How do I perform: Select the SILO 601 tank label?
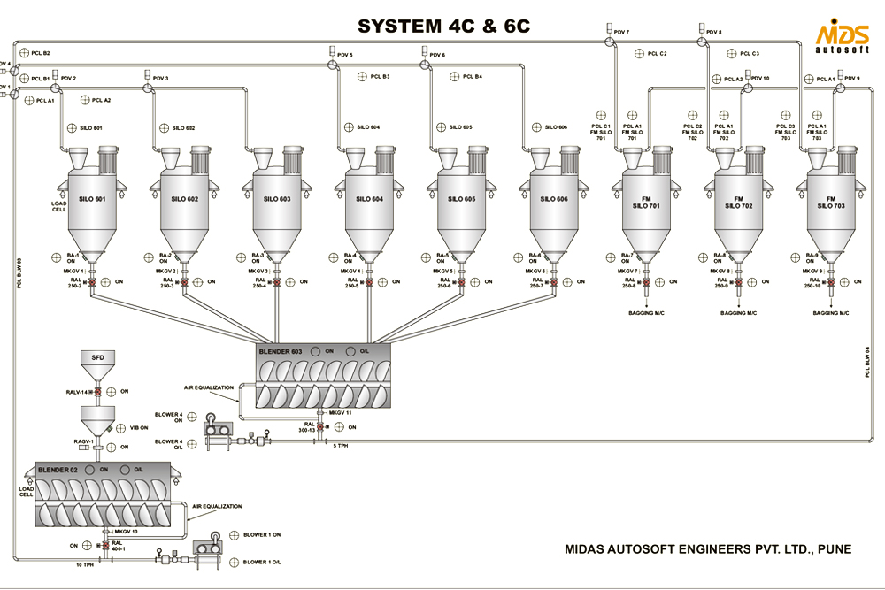pyautogui.click(x=91, y=199)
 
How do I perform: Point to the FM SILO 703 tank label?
pyautogui.click(x=831, y=203)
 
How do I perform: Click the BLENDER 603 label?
pyautogui.click(x=281, y=351)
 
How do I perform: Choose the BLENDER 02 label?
pyautogui.click(x=58, y=469)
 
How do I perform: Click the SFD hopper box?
pyautogui.click(x=98, y=356)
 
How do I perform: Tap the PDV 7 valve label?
pyautogui.click(x=621, y=32)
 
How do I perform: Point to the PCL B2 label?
pyautogui.click(x=41, y=53)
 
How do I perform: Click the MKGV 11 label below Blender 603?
pyautogui.click(x=340, y=412)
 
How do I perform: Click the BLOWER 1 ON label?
pyautogui.click(x=262, y=534)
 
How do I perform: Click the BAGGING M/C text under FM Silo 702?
pyautogui.click(x=738, y=313)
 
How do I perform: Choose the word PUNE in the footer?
pyautogui.click(x=835, y=549)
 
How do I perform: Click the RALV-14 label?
pyautogui.click(x=78, y=391)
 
